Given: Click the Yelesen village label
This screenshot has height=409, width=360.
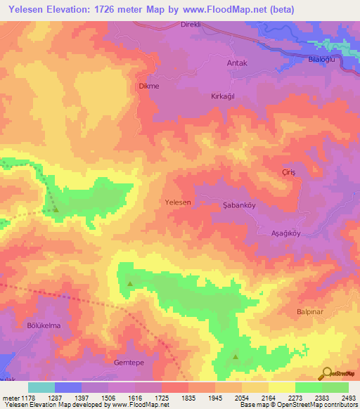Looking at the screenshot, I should (x=178, y=202).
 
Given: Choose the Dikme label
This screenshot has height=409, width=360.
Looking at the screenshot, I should (x=148, y=86).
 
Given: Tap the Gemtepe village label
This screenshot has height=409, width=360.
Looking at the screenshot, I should (x=128, y=363).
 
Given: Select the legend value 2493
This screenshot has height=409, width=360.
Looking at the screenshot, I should (x=347, y=397).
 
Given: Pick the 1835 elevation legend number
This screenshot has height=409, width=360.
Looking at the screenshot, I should (x=188, y=397).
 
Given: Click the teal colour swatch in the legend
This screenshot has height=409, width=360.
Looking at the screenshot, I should (x=41, y=387).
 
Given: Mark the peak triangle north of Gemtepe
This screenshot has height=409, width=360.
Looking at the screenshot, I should (x=130, y=283).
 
